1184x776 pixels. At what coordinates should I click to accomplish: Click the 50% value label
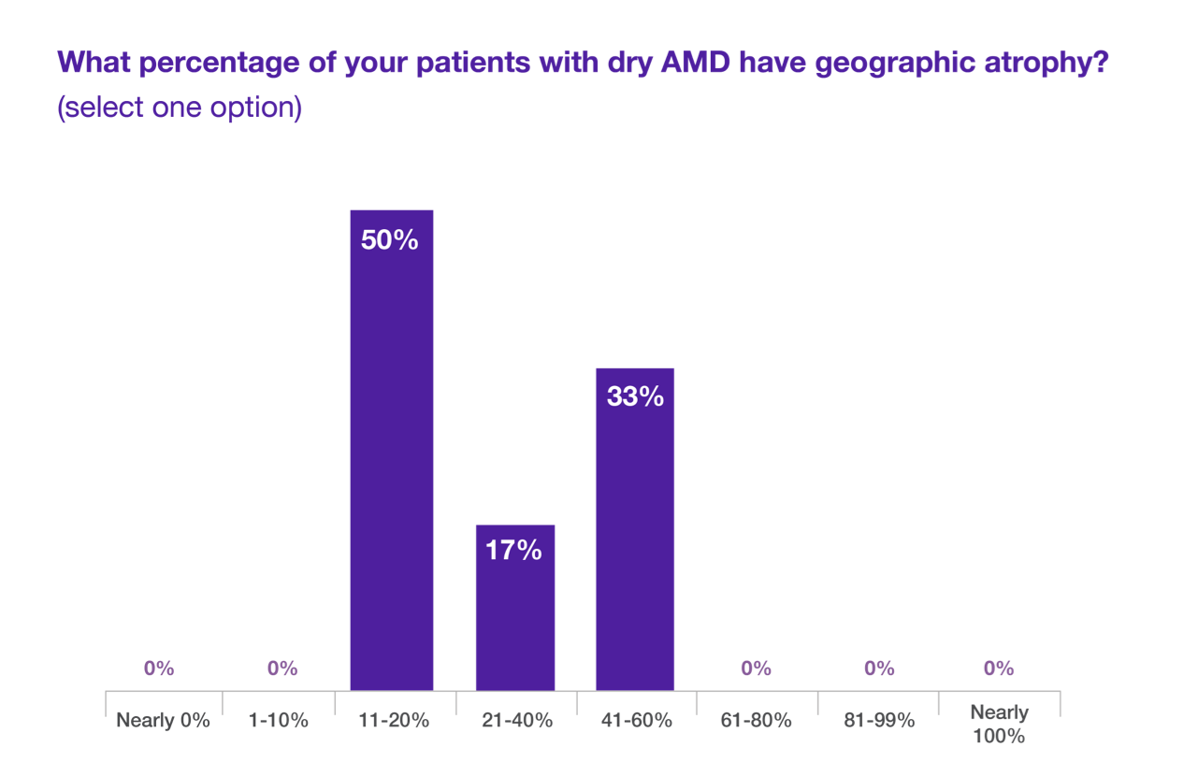click(389, 240)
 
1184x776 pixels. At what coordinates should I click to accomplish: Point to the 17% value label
click(513, 551)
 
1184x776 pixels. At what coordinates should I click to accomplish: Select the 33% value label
click(635, 396)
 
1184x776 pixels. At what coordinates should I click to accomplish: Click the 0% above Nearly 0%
click(159, 668)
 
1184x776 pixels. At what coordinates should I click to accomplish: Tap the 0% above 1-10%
click(282, 668)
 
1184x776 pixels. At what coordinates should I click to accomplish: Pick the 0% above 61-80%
click(756, 668)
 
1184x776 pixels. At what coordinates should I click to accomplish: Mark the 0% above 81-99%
click(879, 668)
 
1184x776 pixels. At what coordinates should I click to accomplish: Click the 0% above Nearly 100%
click(999, 668)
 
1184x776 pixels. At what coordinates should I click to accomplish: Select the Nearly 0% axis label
click(163, 721)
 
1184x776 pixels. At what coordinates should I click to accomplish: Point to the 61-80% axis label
click(757, 721)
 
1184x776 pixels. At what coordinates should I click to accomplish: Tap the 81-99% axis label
click(878, 721)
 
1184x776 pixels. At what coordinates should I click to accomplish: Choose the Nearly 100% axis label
click(999, 724)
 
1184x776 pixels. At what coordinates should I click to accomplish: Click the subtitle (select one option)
click(180, 108)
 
